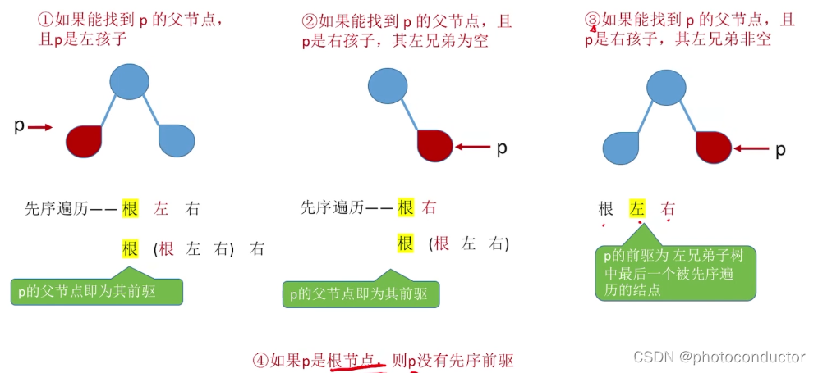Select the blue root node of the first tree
pos(129,82)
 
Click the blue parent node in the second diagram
pos(388,85)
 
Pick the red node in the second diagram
pos(435,146)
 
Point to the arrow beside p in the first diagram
pos(43,127)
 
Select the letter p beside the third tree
pos(780,149)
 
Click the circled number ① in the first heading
pos(43,17)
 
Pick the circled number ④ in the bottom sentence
pos(260,360)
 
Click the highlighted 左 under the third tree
pos(637,208)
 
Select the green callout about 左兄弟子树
pos(674,272)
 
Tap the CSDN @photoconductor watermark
pos(719,357)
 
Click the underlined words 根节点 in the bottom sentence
pos(352,360)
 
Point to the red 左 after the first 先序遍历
pos(161,208)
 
